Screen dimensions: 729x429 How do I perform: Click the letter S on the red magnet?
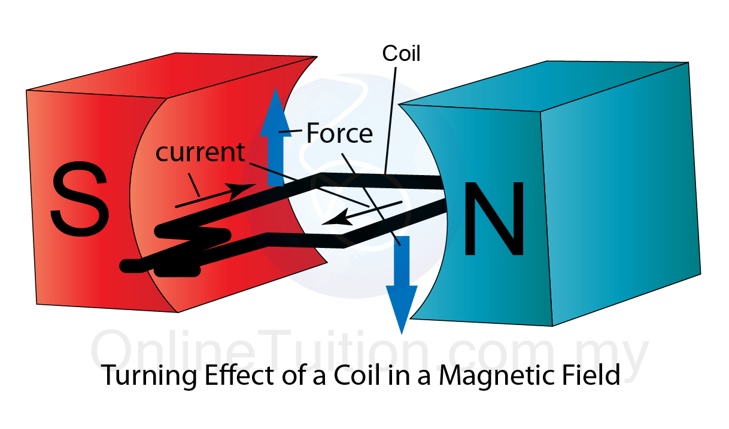80,200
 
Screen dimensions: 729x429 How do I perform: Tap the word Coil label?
401,54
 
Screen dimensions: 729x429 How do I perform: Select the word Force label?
339,134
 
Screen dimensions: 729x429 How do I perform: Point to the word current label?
200,152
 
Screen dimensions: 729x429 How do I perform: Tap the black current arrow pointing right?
215,195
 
